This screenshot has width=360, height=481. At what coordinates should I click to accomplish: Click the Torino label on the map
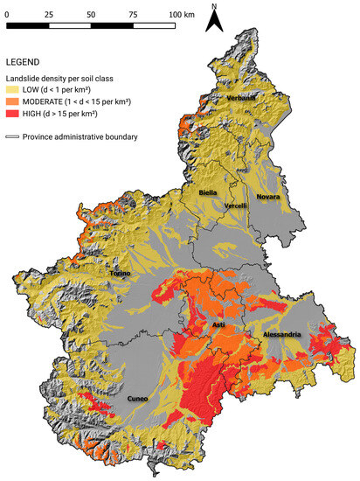pos(120,274)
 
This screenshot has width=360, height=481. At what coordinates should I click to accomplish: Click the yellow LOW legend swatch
pos(13,89)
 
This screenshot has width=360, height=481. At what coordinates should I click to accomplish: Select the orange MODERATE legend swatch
pos(13,102)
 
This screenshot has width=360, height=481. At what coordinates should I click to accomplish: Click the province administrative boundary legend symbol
pos(13,136)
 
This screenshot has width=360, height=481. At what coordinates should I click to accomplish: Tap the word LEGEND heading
pos(24,63)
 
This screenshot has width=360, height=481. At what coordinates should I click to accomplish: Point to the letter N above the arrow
pos(214,6)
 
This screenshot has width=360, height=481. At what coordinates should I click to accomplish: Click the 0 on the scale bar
pos(8,15)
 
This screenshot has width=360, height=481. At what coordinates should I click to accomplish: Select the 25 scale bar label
pos(48,15)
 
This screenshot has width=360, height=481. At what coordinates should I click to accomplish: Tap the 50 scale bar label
pos(91,15)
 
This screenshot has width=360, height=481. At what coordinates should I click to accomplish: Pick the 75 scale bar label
pos(132,15)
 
